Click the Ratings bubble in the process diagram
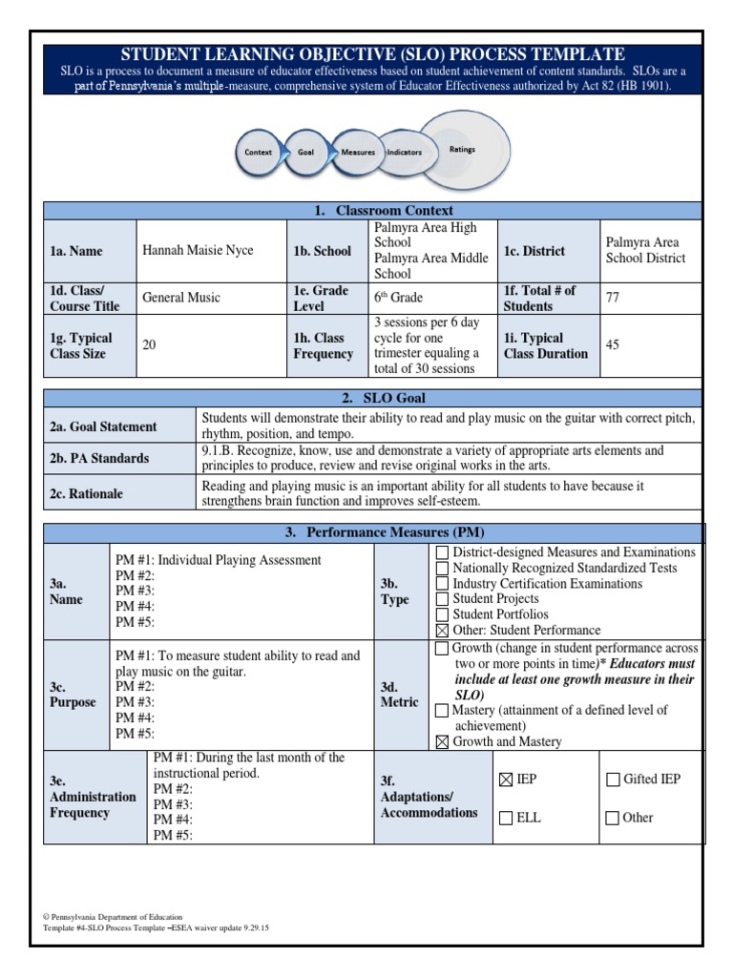463,150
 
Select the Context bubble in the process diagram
259,152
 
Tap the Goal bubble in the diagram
306,152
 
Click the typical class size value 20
149,345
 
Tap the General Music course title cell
181,298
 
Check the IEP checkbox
506,780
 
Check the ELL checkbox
506,818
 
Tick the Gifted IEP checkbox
613,780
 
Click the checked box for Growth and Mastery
442,742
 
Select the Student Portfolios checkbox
442,614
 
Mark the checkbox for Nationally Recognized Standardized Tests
442,568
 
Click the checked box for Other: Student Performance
442,631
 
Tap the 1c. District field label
534,251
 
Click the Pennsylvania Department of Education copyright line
114,917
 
